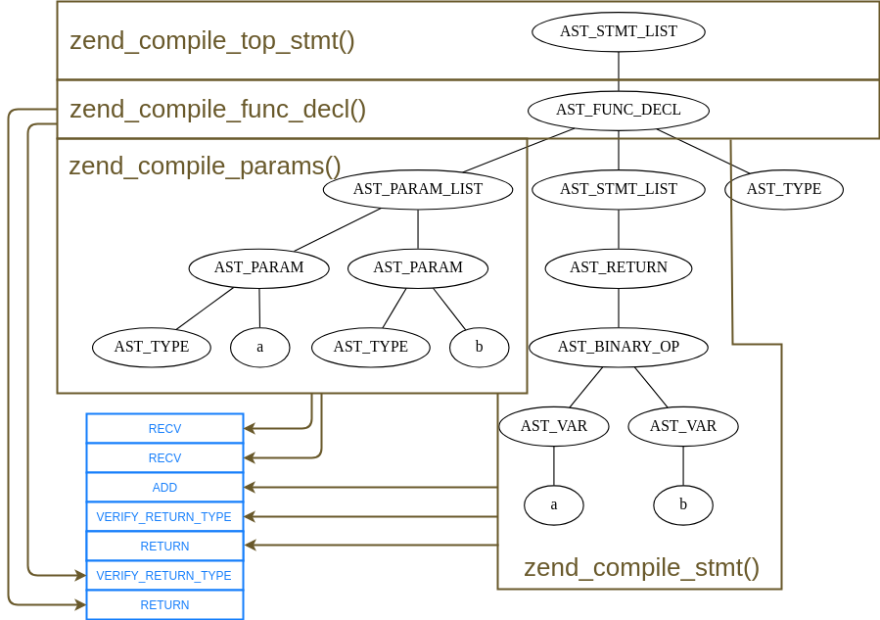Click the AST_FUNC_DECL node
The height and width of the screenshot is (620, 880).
(x=618, y=110)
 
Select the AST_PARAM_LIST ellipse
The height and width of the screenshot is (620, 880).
(x=418, y=189)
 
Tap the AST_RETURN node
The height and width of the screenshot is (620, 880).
(x=618, y=267)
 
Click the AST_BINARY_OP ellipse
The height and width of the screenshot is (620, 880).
(x=618, y=347)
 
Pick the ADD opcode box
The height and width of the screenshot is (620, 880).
(x=164, y=488)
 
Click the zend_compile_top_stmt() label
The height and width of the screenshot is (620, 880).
(x=212, y=41)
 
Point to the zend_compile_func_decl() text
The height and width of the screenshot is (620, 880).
(x=217, y=109)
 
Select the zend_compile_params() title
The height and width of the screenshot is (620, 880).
(x=205, y=166)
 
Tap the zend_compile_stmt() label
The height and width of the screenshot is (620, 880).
(x=641, y=567)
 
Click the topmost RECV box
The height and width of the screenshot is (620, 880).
(x=164, y=429)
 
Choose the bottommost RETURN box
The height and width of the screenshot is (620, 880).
(x=164, y=605)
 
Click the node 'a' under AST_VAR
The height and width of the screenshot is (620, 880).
(x=553, y=505)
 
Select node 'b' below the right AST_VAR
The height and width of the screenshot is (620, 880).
(x=683, y=505)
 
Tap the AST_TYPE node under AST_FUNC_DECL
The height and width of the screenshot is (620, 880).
(x=784, y=189)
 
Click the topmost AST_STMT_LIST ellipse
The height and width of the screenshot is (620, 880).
(x=618, y=31)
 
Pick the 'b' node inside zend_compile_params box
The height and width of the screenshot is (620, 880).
(x=479, y=347)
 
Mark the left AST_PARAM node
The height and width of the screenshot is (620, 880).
(x=258, y=267)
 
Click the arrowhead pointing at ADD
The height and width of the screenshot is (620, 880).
(x=250, y=487)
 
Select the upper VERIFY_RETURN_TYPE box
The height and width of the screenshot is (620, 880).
(x=164, y=517)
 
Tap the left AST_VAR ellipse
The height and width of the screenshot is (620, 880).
(x=553, y=426)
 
